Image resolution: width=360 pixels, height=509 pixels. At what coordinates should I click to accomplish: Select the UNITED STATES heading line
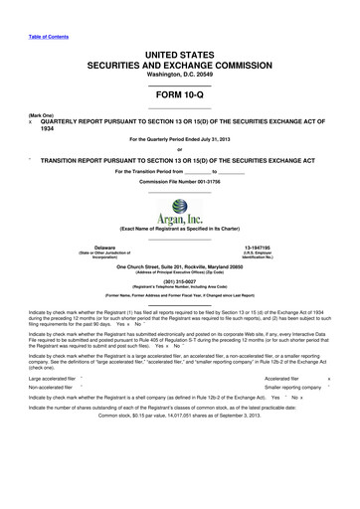point(179,34)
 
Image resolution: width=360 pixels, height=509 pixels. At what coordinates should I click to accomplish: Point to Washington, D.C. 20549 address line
point(179,60)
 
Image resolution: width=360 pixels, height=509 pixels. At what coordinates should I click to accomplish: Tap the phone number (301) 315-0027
point(179,279)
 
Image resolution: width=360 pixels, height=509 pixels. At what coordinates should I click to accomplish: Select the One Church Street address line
point(179,265)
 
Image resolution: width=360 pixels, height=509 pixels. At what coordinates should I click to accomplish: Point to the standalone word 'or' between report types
point(179,150)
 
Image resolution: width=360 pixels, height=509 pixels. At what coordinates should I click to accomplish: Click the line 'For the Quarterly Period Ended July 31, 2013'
point(179,139)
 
